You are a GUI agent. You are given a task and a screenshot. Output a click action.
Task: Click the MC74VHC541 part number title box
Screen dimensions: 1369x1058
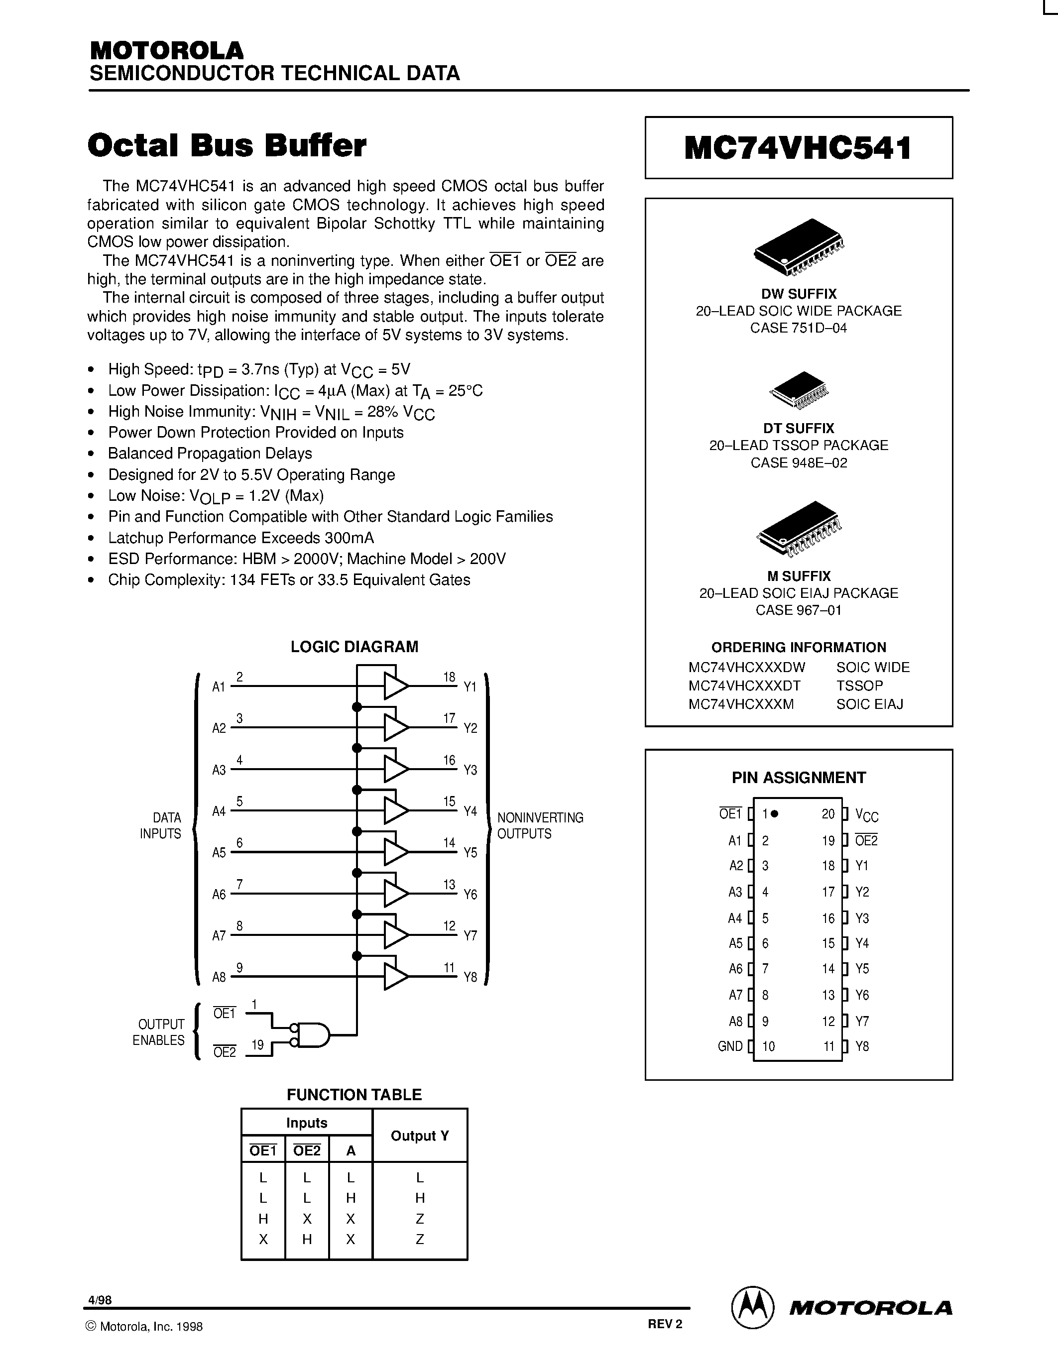[x=798, y=148]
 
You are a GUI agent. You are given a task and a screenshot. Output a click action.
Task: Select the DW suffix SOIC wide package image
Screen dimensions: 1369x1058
[x=798, y=247]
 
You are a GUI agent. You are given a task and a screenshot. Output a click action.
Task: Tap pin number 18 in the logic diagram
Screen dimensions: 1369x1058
[x=449, y=677]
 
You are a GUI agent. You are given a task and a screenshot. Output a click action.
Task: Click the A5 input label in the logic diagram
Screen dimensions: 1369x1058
[x=219, y=852]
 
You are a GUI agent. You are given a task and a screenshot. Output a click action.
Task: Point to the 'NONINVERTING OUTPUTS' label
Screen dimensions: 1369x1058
[x=540, y=825]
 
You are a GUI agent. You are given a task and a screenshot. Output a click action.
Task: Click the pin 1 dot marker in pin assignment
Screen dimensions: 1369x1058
[x=775, y=813]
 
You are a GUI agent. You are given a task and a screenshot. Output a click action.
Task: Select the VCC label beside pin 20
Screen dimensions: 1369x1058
[x=866, y=815]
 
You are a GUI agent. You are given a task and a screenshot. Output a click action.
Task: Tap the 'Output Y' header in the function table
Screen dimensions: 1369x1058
[x=419, y=1135]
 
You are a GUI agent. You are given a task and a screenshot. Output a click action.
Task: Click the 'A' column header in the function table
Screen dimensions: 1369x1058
[x=351, y=1150]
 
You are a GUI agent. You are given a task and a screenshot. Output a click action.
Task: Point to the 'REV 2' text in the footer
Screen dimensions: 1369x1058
[x=664, y=1324]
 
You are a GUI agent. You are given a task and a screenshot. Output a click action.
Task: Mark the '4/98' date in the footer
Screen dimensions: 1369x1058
[x=100, y=1300]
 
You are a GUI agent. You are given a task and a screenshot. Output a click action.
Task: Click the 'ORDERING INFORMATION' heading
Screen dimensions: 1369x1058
[x=798, y=647]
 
